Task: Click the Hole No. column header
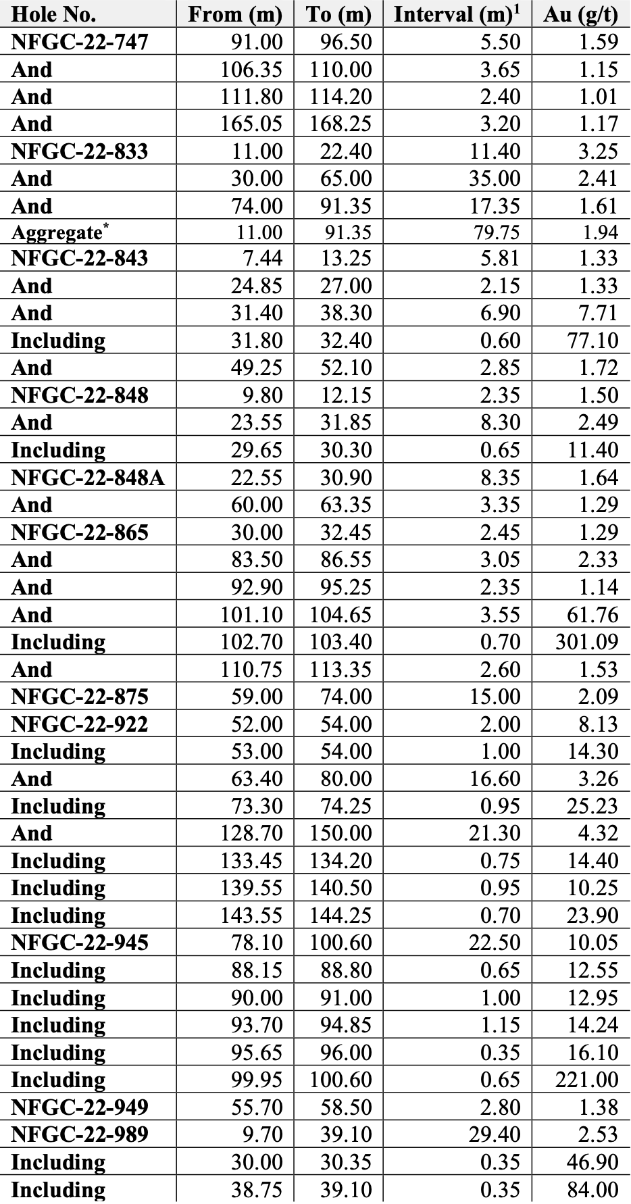(x=53, y=14)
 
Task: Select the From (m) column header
(x=235, y=14)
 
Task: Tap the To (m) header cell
(x=338, y=14)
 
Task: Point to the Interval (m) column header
(x=457, y=14)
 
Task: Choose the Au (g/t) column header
(x=581, y=14)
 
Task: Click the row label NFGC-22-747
(x=79, y=42)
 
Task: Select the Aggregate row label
(x=59, y=232)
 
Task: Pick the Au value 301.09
(x=586, y=642)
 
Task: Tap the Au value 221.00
(x=586, y=1080)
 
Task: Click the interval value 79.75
(x=496, y=232)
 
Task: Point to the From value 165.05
(x=251, y=124)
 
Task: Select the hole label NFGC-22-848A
(x=88, y=478)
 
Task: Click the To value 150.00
(x=340, y=833)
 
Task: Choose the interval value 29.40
(x=495, y=1134)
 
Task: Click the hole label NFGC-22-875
(x=79, y=697)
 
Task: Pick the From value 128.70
(x=251, y=833)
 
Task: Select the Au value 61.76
(x=592, y=615)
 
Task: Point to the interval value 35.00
(x=495, y=178)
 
